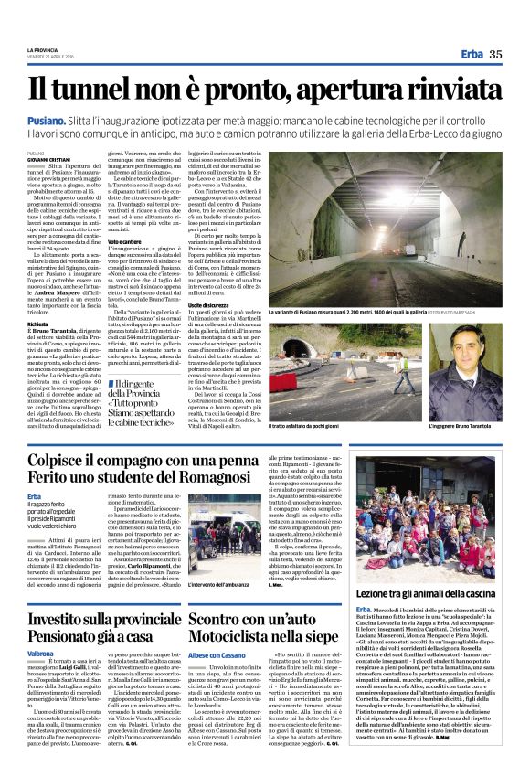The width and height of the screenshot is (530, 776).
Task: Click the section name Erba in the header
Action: tap(472, 54)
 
